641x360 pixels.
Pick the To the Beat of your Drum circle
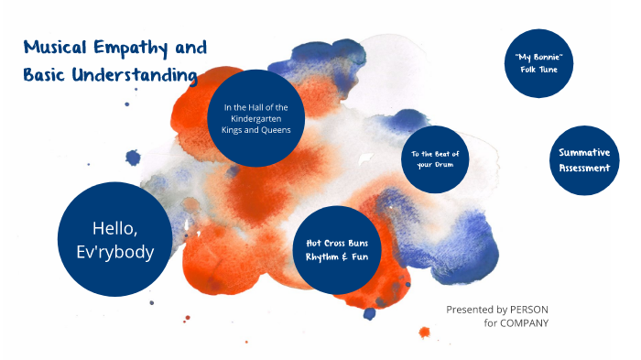pos(435,158)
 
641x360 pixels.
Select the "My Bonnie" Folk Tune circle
pos(538,64)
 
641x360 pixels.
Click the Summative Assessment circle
pos(583,159)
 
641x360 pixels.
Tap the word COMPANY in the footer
pos(525,323)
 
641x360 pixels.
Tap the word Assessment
pos(583,168)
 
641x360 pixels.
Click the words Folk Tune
pos(538,71)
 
